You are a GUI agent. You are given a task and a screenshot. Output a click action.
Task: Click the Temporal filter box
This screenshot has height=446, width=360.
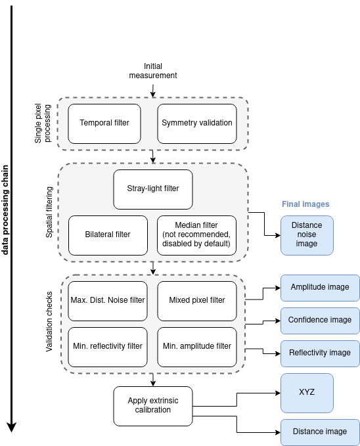coord(104,123)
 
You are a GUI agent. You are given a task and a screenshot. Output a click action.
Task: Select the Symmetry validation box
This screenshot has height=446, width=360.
coord(196,123)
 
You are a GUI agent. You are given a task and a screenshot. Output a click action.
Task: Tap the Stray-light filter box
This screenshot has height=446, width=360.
coord(152,189)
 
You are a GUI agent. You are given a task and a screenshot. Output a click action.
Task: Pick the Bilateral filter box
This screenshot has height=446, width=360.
coord(108,234)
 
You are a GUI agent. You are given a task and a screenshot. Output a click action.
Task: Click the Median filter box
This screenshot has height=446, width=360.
coord(196,234)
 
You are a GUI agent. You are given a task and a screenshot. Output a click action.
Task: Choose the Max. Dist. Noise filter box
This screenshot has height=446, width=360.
coord(108,300)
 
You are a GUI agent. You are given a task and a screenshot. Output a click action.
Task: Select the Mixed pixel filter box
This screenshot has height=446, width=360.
coord(196,300)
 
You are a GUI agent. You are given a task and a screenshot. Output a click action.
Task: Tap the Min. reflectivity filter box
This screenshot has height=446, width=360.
coord(108,346)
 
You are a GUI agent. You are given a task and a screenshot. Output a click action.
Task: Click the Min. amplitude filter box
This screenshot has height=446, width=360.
coord(196,346)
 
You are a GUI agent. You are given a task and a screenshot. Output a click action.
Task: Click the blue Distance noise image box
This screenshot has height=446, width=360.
coord(306,235)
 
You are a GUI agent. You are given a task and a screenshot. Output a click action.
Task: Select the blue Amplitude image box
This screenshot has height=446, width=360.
coord(320,287)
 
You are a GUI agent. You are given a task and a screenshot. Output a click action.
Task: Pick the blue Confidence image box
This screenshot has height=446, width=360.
coord(320,320)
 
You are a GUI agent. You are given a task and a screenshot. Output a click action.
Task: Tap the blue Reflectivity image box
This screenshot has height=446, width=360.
coord(320,353)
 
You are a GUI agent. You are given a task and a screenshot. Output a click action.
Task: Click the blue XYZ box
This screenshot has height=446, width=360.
coord(306,392)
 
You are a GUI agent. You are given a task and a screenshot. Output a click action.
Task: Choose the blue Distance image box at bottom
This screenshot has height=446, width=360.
coord(320,432)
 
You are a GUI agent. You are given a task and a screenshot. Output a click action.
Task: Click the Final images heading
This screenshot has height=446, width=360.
coord(305,204)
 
